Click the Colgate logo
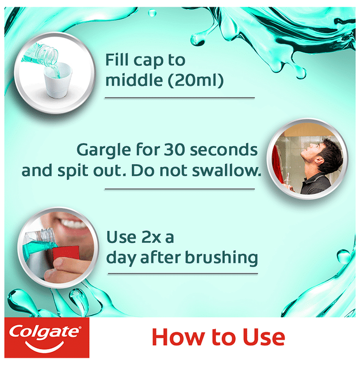[x=46, y=337]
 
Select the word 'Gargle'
[x=104, y=151]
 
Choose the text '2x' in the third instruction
[x=150, y=237]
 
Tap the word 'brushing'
[x=221, y=258]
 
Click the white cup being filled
[x=58, y=80]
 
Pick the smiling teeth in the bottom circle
[x=74, y=224]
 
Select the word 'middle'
[x=135, y=80]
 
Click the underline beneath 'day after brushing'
[x=183, y=274]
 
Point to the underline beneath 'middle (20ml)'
[x=179, y=98]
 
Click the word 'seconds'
[x=224, y=150]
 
